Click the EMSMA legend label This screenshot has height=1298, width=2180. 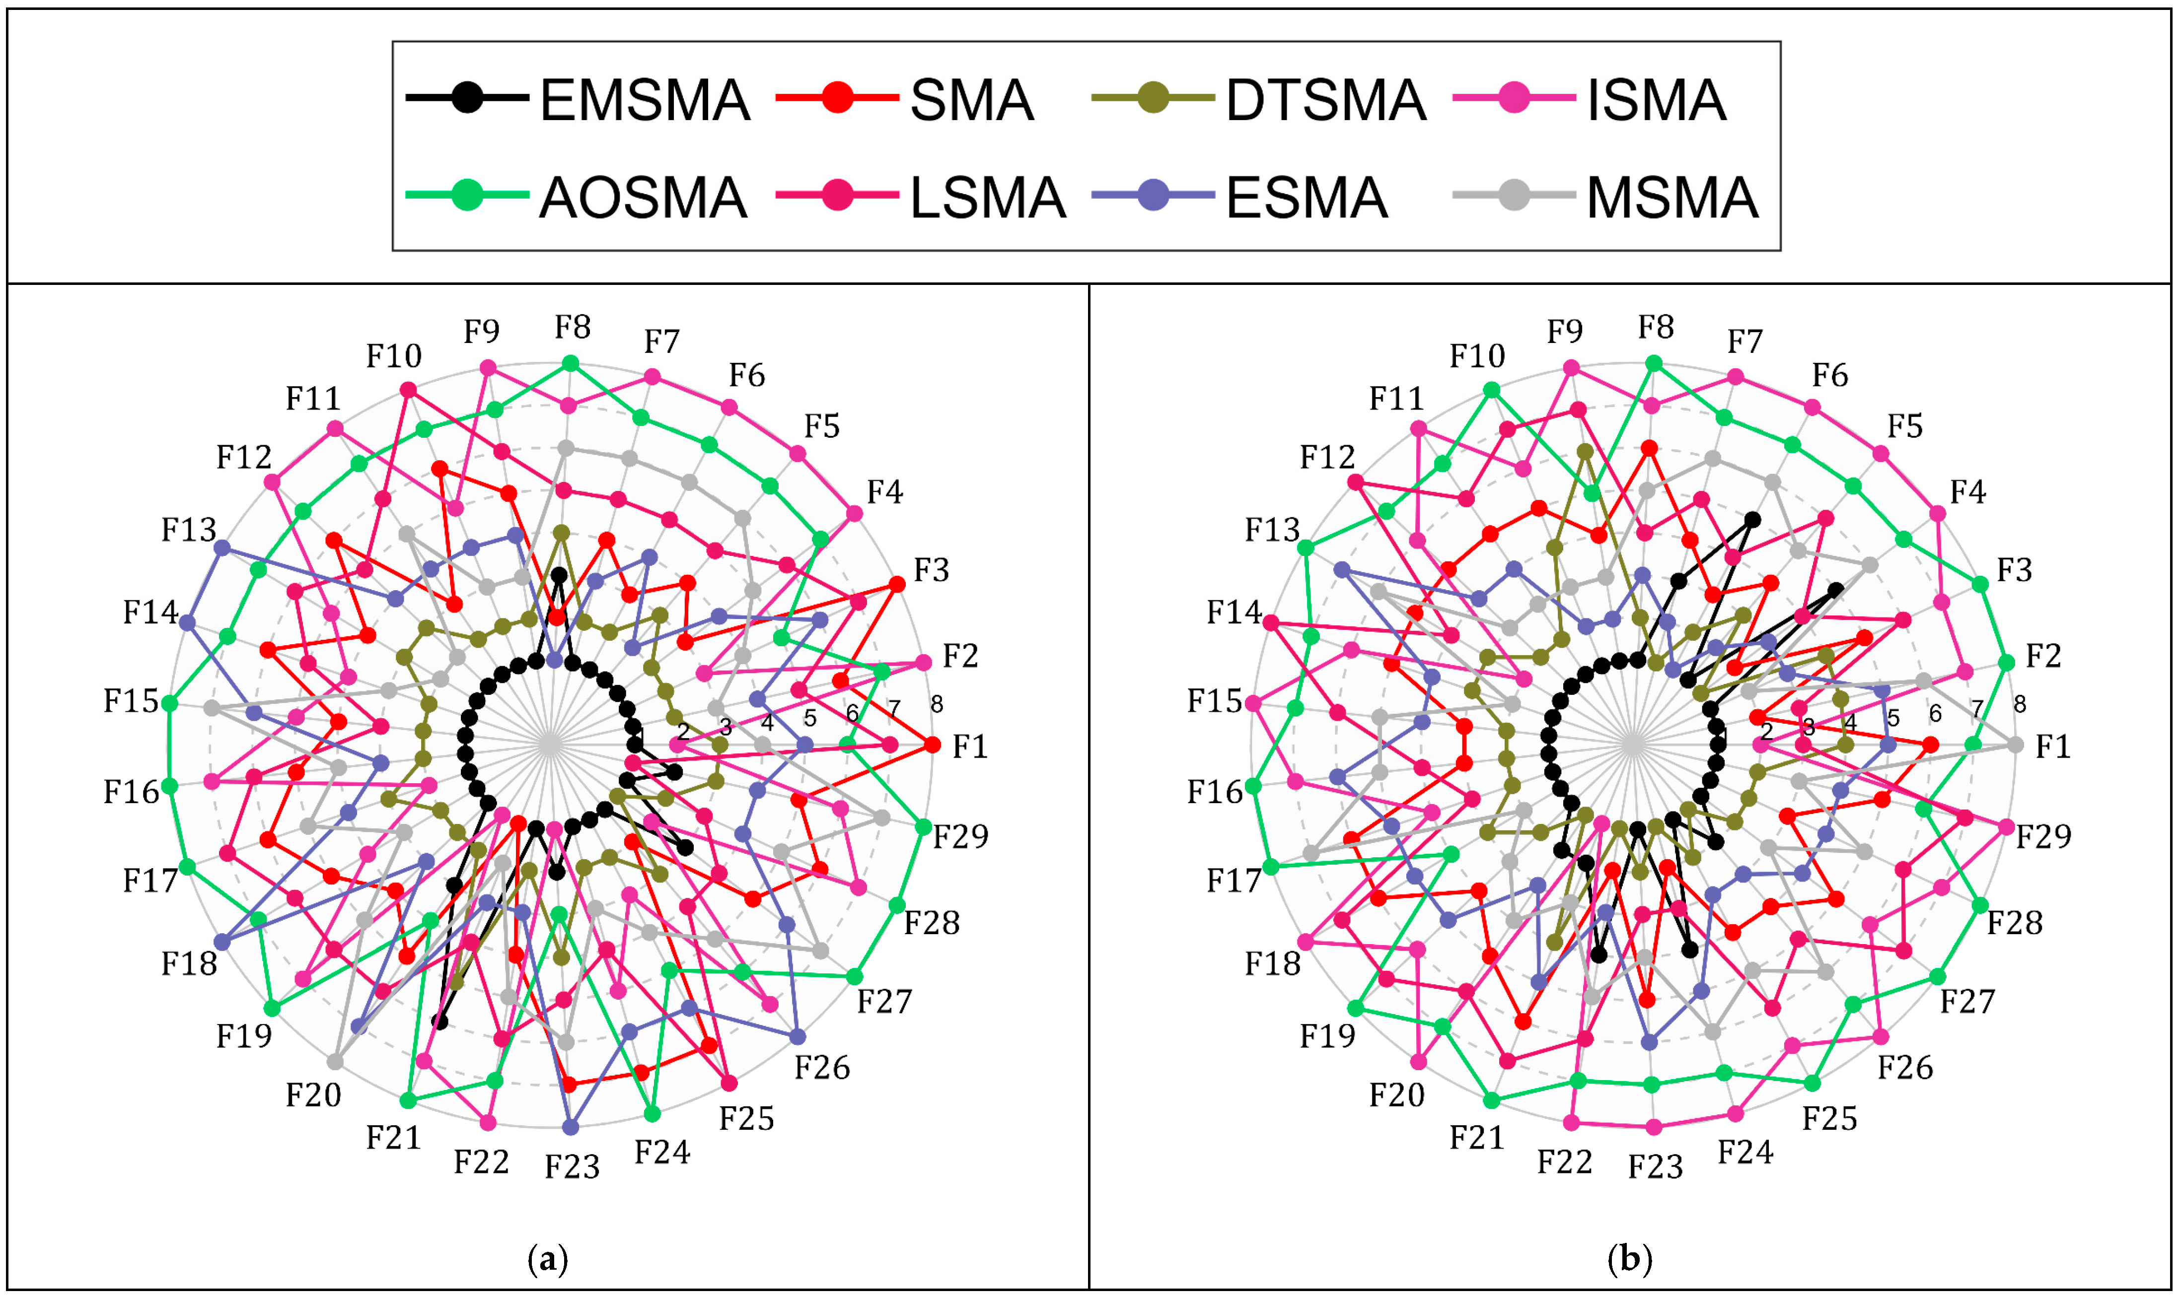tap(645, 100)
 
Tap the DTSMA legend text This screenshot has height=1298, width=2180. tap(1325, 100)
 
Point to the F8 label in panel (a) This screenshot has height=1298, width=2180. tap(572, 327)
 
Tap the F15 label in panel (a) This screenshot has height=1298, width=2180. tap(131, 700)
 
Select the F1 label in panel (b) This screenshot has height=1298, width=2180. tap(2053, 746)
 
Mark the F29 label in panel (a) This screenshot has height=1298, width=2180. tap(960, 837)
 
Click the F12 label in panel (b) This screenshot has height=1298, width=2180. tap(1327, 457)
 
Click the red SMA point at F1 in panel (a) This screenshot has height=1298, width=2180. tap(933, 745)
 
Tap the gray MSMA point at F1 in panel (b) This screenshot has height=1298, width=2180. tap(2016, 745)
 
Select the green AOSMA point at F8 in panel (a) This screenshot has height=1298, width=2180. tap(571, 363)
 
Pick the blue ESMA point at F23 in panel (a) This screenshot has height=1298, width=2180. tap(571, 1127)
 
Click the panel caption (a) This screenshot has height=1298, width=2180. tap(549, 1259)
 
